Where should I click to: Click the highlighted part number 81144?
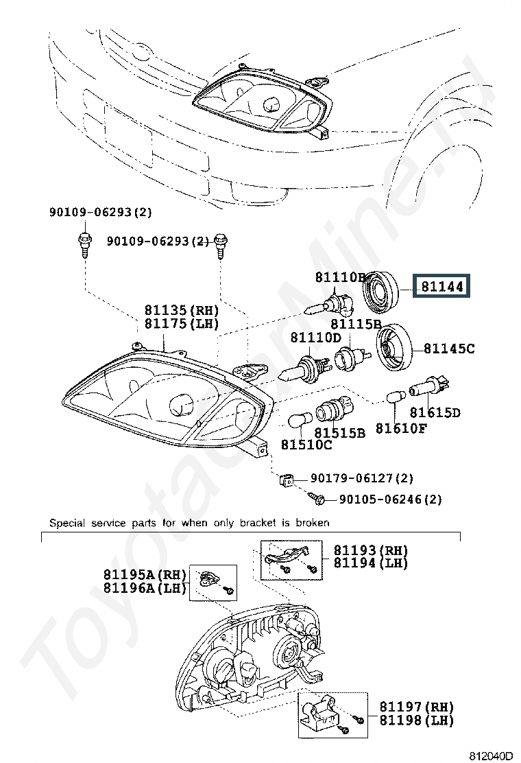(441, 286)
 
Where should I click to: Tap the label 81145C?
(449, 349)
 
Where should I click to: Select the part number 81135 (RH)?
(181, 310)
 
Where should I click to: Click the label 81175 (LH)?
(181, 324)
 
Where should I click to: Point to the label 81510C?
(306, 445)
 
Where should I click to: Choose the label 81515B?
(339, 432)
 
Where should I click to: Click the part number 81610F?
(400, 428)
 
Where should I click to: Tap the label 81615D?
(435, 412)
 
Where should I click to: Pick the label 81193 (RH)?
(370, 550)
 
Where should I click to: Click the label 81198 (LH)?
(417, 720)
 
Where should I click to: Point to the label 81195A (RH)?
(145, 574)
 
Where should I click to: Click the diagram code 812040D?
(491, 755)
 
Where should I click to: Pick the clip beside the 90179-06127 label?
(287, 480)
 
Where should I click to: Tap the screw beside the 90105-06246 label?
(316, 497)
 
